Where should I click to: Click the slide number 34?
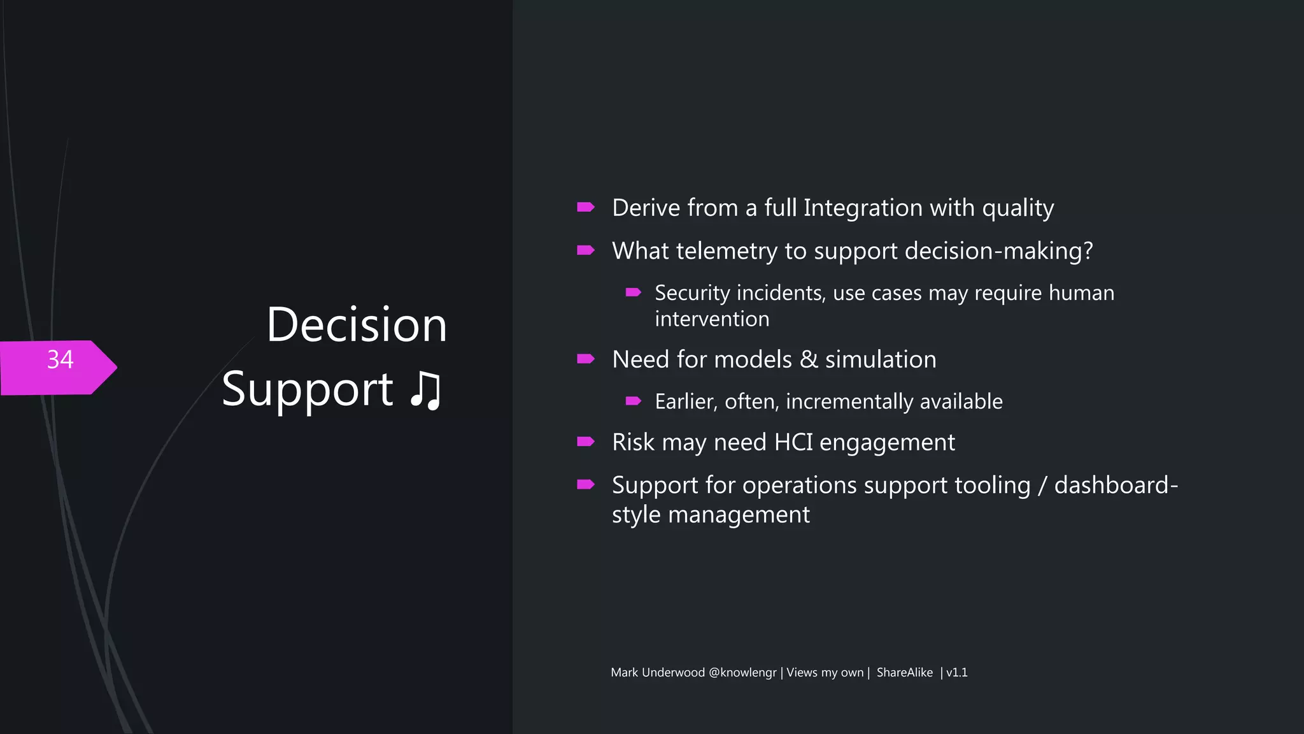click(x=60, y=360)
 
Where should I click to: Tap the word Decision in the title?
click(x=357, y=325)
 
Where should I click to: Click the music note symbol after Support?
click(x=425, y=390)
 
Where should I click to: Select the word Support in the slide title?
click(x=308, y=390)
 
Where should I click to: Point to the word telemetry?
click(x=726, y=251)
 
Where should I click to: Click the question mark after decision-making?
click(x=1088, y=250)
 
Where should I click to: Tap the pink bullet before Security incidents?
click(x=633, y=292)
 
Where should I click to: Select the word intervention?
click(x=712, y=319)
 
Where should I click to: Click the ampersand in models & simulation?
click(x=809, y=359)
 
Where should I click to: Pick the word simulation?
click(x=881, y=359)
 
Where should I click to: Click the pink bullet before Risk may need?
click(x=585, y=442)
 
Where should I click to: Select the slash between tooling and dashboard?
click(x=1042, y=486)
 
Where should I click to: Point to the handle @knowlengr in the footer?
click(x=742, y=672)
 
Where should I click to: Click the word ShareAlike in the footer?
click(x=904, y=672)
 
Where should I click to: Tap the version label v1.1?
click(x=956, y=672)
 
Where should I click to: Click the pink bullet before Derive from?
click(x=585, y=207)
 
